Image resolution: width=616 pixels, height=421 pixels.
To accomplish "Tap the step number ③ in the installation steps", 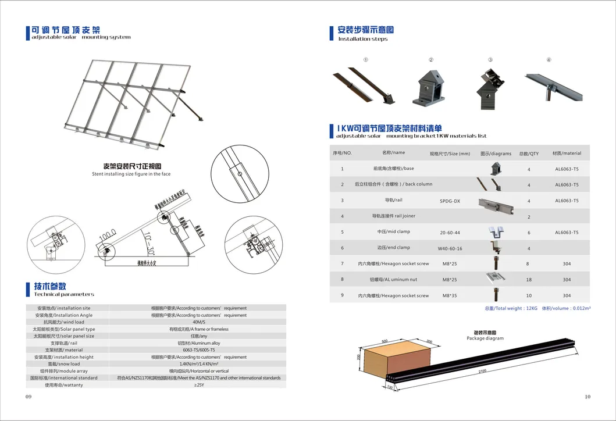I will pyautogui.click(x=490, y=60).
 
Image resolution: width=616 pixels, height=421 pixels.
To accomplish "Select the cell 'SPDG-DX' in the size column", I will pyautogui.click(x=449, y=201).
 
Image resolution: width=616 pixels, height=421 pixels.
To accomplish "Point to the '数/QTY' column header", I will pyautogui.click(x=529, y=154).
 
